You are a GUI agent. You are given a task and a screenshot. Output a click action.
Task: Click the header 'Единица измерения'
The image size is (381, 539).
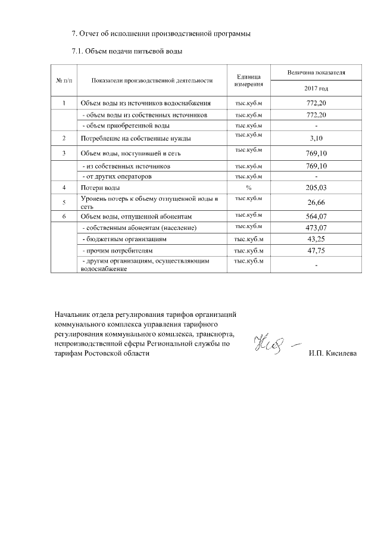click(x=249, y=80)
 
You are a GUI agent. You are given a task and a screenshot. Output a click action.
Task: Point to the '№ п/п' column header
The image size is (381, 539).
click(x=64, y=80)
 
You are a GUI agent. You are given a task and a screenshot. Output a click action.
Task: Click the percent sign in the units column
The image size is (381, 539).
click(x=249, y=188)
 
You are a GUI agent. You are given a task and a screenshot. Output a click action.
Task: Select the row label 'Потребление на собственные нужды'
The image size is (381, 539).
click(x=135, y=139)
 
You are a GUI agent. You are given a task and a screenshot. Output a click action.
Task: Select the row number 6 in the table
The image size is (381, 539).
click(x=64, y=216)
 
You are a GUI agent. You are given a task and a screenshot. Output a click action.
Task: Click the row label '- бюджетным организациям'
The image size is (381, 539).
click(x=124, y=239)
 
